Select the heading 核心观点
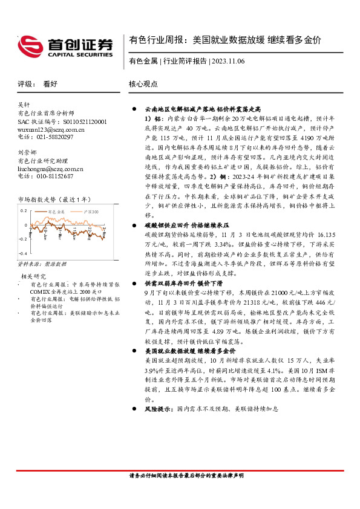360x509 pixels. pyautogui.click(x=143, y=85)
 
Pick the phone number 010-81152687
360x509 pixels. pyautogui.click(x=54, y=177)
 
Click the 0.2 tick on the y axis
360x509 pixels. pyautogui.click(x=24, y=210)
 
